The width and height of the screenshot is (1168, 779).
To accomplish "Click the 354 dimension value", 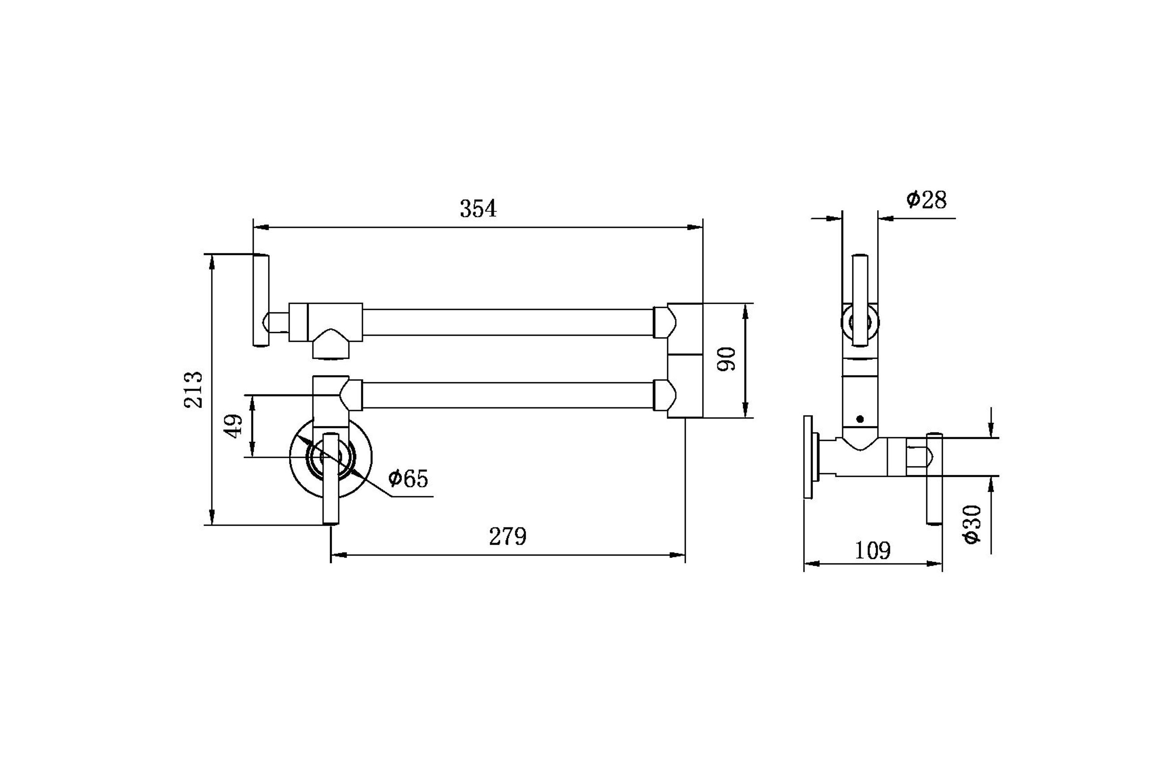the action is click(x=478, y=209).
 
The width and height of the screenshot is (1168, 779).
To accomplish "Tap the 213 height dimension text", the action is click(x=194, y=390).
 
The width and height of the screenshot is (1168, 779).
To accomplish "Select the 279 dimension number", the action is click(x=507, y=536).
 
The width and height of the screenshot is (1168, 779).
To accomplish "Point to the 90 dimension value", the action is click(x=726, y=359).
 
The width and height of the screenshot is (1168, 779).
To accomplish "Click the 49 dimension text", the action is click(x=234, y=426).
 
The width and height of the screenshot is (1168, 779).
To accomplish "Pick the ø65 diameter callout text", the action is click(x=408, y=479).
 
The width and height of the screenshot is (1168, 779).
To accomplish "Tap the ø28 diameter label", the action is click(x=927, y=200).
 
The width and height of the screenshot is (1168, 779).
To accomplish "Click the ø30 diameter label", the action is click(x=972, y=525).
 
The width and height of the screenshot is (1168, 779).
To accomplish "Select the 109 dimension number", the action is click(x=873, y=551).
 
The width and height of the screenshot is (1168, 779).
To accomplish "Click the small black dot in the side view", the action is click(x=860, y=419).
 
